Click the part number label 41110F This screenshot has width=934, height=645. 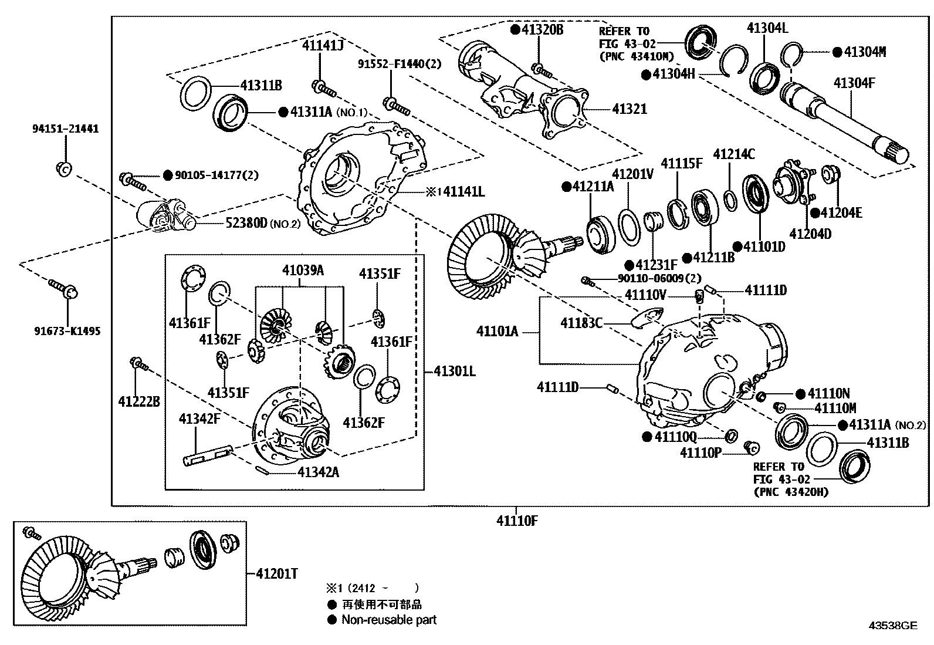tap(516, 520)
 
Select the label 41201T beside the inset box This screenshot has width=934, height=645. tap(276, 573)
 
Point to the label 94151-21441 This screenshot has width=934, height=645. tap(65, 129)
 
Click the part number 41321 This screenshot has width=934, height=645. tap(630, 109)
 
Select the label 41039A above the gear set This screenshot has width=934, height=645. tap(303, 270)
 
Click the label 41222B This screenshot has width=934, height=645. tap(139, 401)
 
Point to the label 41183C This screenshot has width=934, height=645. tap(581, 323)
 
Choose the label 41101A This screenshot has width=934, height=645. tap(497, 332)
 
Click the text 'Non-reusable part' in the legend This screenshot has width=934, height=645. tap(389, 620)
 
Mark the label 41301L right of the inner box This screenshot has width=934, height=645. tap(455, 371)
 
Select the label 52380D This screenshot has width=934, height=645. tap(246, 223)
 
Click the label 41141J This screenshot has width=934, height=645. tap(323, 45)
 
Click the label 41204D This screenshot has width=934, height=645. tap(810, 234)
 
